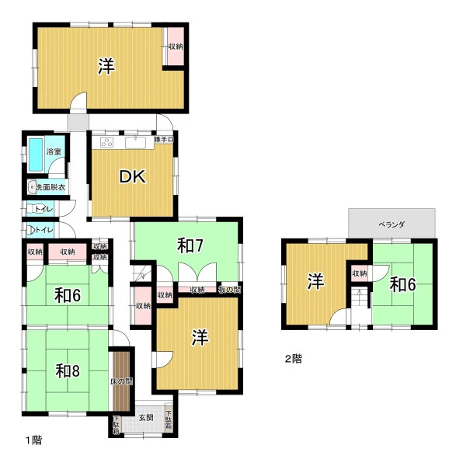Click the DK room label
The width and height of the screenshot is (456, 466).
click(132, 176)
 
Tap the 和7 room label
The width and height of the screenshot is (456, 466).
click(190, 246)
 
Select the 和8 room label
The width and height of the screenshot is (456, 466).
click(68, 371)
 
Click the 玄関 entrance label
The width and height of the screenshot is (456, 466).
click(146, 418)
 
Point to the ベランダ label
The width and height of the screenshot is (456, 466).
click(392, 224)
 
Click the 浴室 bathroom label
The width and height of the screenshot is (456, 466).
click(54, 151)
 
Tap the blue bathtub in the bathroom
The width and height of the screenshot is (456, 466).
click(36, 155)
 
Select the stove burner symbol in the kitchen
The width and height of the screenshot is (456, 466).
click(106, 143)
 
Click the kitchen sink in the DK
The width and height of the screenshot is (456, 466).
click(135, 143)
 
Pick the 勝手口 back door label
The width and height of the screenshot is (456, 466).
click(164, 139)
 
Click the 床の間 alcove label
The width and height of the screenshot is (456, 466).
click(121, 381)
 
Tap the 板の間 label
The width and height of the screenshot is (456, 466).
click(229, 290)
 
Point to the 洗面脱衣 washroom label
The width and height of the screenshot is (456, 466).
click(50, 187)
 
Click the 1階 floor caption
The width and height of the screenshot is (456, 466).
click(33, 440)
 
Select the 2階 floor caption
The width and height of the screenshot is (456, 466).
click(293, 359)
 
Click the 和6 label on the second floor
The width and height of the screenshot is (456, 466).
click(403, 284)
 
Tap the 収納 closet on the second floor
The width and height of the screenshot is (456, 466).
click(360, 273)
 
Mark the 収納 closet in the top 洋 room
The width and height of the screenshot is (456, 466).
click(176, 47)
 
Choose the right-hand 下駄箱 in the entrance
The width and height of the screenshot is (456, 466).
click(169, 419)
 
